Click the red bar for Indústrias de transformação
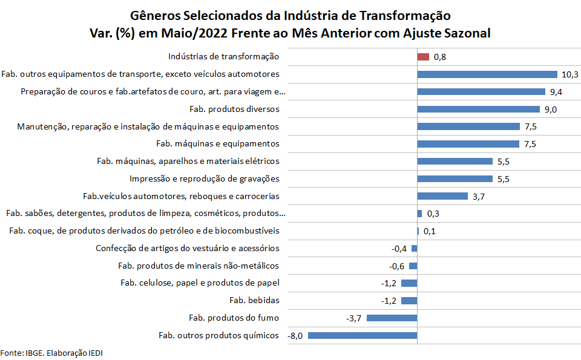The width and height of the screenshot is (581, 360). click(x=423, y=57)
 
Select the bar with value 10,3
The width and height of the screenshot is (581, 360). click(x=487, y=74)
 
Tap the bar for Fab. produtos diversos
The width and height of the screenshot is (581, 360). click(x=478, y=110)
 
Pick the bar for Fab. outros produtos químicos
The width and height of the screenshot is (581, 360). click(x=363, y=335)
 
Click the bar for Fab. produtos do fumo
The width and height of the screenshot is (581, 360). click(x=392, y=318)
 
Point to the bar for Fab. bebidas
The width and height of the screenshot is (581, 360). click(x=409, y=301)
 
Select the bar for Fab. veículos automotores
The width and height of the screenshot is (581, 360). click(x=442, y=196)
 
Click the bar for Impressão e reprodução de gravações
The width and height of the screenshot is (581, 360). click(x=455, y=178)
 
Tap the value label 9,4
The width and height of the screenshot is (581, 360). click(x=556, y=92)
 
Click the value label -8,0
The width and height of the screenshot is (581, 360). click(x=295, y=335)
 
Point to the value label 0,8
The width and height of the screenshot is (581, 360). click(x=440, y=57)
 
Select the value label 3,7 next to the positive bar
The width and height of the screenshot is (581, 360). click(x=479, y=196)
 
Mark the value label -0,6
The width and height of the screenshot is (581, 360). click(x=396, y=266)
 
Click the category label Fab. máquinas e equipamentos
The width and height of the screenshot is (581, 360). click(x=218, y=144)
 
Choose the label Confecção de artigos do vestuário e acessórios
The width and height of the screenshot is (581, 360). click(x=188, y=248)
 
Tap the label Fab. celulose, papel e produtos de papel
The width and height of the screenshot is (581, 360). click(x=200, y=283)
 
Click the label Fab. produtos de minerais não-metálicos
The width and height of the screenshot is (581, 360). click(x=199, y=266)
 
